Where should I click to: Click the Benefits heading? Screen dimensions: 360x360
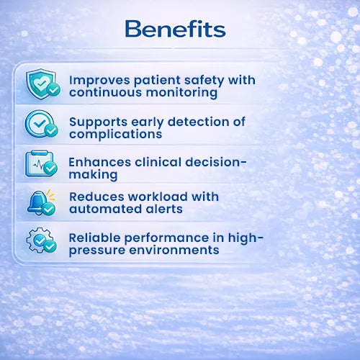175,29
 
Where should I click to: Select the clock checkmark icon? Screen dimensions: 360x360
41,124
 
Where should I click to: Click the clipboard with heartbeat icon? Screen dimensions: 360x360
41,164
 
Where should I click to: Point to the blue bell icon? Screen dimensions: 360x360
41,203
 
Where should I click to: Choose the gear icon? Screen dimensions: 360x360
41,240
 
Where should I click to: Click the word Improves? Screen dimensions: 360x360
99,81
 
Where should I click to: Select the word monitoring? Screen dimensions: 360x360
181,93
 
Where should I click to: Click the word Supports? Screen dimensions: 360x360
98,122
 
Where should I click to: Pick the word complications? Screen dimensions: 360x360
116,134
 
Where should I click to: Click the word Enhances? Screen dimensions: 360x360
100,162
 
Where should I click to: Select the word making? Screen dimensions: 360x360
93,175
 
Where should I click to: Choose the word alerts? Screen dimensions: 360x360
164,209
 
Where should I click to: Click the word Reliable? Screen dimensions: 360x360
95,238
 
